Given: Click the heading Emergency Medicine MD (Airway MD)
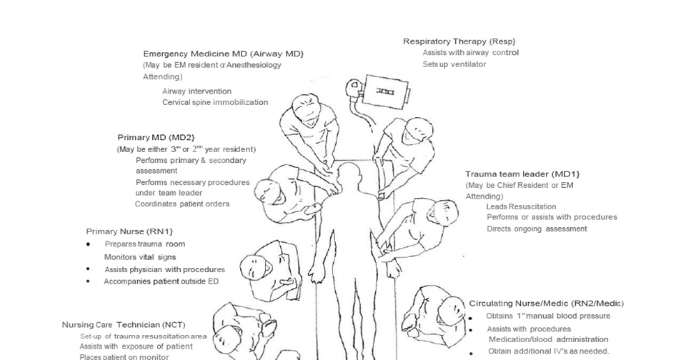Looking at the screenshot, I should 223,54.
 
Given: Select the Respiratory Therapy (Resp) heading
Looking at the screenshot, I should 459,41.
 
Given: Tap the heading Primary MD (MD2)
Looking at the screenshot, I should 156,137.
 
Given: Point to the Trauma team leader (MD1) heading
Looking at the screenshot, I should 522,174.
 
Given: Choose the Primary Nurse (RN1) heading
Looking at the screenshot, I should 129,231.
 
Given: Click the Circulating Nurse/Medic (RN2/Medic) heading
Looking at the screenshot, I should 546,303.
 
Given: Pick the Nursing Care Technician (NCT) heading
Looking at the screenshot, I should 124,324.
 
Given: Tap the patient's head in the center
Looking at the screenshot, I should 350,174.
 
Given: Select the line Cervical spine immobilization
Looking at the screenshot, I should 215,102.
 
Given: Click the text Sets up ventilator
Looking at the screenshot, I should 454,64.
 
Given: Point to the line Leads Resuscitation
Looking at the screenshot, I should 521,206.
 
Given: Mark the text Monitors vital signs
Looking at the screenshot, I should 140,257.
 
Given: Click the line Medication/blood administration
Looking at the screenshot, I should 548,339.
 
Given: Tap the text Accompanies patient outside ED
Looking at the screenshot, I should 161,281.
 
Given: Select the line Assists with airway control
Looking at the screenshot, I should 470,53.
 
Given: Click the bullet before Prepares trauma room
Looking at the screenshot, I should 88,244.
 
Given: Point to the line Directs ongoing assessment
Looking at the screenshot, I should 537,229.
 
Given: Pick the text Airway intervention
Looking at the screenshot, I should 197,91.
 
